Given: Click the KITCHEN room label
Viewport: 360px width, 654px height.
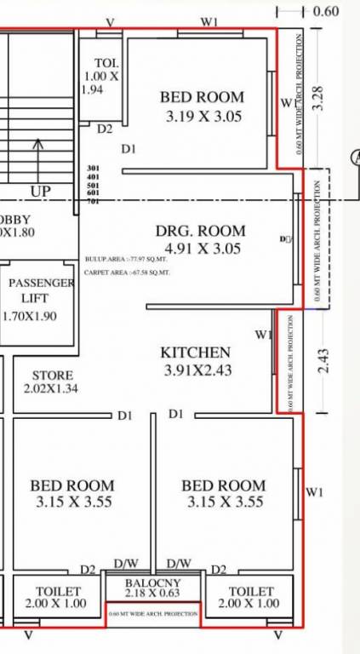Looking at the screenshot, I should click(196, 353).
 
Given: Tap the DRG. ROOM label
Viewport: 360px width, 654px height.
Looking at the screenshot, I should click(200, 231).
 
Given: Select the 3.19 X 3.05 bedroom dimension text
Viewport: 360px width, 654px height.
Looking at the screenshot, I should click(202, 116).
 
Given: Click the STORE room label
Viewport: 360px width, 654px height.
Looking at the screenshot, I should click(53, 376).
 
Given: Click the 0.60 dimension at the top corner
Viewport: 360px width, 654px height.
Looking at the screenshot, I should click(326, 11).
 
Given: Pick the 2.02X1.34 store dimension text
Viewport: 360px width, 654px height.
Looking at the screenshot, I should click(53, 389).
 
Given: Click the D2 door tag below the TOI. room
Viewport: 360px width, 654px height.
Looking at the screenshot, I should click(104, 129).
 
